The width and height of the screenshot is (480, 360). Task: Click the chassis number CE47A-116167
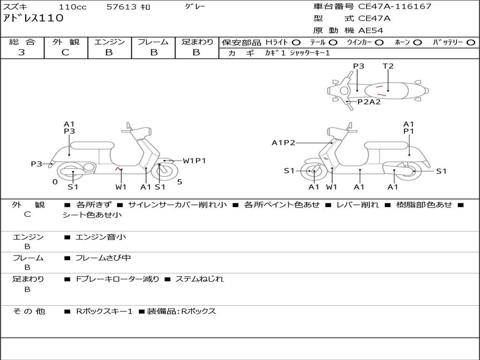[395, 7]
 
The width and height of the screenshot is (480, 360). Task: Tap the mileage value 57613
[122, 7]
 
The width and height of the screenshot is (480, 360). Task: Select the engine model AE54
[371, 30]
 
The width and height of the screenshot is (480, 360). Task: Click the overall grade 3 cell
[22, 52]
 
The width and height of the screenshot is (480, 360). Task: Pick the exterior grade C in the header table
[65, 52]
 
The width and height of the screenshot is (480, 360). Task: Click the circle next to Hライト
[296, 42]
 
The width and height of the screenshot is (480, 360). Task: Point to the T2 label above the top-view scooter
[388, 66]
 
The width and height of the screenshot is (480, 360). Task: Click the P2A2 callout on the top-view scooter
[369, 102]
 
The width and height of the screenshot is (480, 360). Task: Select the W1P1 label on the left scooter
[194, 161]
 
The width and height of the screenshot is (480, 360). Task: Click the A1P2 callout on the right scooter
[284, 143]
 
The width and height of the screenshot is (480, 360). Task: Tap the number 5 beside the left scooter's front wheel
[180, 182]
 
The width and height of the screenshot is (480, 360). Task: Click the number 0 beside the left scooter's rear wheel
[55, 182]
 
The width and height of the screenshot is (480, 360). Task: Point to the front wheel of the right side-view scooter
[314, 171]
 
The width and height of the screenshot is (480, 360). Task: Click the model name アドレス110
[33, 19]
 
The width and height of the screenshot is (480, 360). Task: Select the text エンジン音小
[101, 237]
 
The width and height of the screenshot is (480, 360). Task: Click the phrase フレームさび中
[103, 258]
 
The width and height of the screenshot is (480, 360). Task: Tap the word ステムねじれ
[199, 279]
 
